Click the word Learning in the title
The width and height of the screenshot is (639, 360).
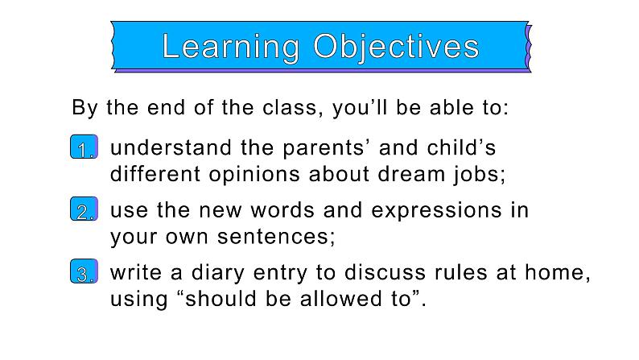(231, 48)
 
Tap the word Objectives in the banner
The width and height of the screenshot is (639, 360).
(396, 48)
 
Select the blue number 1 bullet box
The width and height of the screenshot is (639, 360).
(84, 147)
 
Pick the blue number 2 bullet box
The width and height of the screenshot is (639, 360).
(84, 209)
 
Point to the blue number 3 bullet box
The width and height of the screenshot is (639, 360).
(84, 271)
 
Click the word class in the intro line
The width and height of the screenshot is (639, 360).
(291, 108)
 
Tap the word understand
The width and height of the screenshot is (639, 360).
(171, 147)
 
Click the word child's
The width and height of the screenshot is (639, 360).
(461, 147)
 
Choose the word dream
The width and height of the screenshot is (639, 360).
(411, 174)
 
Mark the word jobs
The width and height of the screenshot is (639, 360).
(476, 175)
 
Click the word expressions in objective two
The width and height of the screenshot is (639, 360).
(436, 212)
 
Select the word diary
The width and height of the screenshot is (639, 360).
(217, 274)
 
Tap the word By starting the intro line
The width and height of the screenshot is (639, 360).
(85, 109)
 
